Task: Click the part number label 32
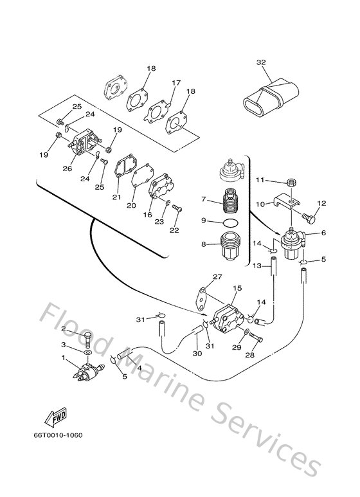(x=260, y=62)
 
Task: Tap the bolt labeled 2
(x=87, y=338)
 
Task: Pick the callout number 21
(x=116, y=197)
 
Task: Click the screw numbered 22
(x=177, y=208)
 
